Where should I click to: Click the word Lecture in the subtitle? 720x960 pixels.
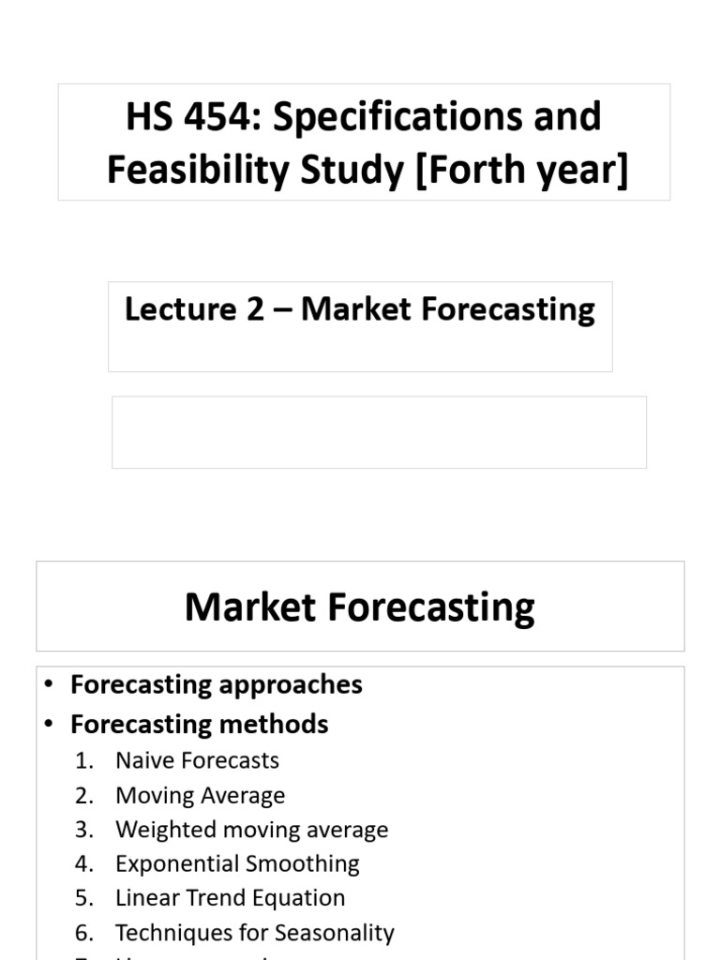pos(178,309)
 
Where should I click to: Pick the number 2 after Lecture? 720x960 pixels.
pos(256,309)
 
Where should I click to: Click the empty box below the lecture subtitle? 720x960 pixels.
pos(379,431)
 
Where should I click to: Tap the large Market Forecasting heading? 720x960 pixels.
pos(360,607)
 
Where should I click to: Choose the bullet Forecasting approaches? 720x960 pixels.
pos(216,684)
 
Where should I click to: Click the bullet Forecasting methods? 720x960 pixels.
pos(199,724)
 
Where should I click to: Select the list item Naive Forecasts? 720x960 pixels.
pos(197,760)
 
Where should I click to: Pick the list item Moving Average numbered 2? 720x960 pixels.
pos(200,795)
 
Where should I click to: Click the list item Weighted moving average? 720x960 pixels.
pos(251,830)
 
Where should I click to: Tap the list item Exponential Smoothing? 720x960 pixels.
pos(237,863)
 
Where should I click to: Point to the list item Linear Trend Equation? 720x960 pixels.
pos(230,897)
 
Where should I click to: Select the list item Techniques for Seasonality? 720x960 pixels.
pos(254,933)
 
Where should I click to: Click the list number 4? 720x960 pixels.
pos(84,863)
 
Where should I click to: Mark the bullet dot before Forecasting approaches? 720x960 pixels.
pos(49,685)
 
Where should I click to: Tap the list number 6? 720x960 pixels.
pos(84,933)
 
